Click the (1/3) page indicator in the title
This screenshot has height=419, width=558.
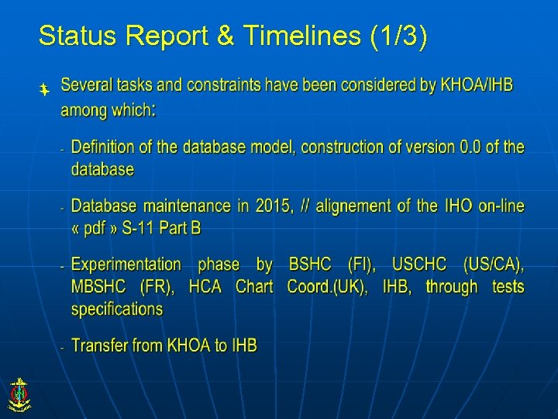(398, 36)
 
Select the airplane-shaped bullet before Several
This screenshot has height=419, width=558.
(45, 90)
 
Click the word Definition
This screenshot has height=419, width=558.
(108, 147)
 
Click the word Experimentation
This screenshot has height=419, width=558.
(126, 265)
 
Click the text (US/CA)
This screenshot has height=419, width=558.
(493, 265)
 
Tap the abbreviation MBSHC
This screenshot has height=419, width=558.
(101, 287)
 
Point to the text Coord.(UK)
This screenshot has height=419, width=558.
(328, 287)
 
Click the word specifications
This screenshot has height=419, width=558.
(117, 309)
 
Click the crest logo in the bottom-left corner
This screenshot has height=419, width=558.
(19, 393)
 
